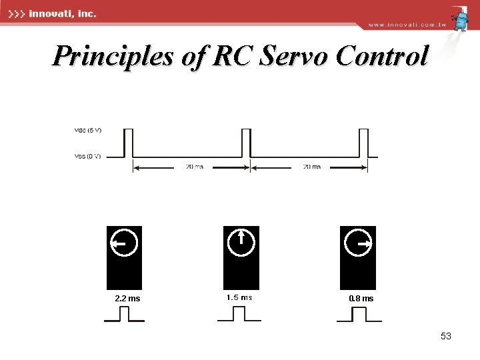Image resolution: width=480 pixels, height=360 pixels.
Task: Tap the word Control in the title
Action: (x=381, y=57)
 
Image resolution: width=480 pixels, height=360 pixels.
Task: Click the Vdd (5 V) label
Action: (x=87, y=130)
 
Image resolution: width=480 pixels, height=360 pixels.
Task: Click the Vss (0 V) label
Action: (x=87, y=156)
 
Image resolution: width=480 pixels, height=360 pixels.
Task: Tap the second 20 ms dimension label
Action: (x=312, y=167)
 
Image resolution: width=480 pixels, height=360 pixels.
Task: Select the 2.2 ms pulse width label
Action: (x=127, y=299)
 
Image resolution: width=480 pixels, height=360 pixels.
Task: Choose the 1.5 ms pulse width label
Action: (x=239, y=297)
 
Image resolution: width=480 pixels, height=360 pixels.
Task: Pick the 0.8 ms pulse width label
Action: (x=361, y=299)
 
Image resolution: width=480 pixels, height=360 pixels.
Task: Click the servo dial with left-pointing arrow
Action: (x=124, y=244)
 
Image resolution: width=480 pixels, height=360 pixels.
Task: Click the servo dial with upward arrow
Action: (x=241, y=242)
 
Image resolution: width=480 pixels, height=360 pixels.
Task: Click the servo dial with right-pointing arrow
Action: (x=357, y=244)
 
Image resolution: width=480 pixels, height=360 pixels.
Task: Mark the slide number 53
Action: (x=446, y=337)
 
